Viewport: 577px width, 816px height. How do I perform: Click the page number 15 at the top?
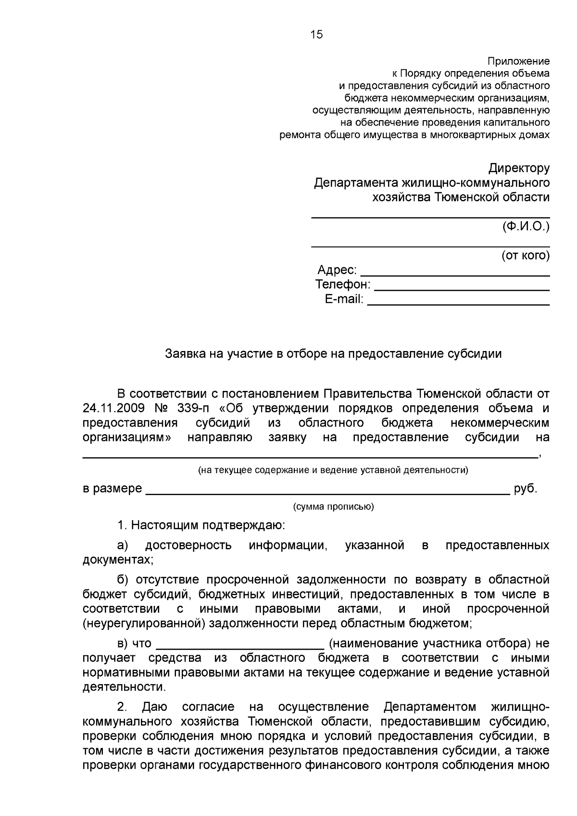(317, 35)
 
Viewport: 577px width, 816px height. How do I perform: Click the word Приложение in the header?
(518, 62)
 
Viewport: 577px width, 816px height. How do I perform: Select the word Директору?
(519, 168)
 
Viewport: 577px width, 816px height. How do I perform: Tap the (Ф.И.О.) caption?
(526, 226)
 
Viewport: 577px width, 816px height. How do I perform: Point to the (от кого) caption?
(526, 255)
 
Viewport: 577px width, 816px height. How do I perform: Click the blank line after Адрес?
(455, 273)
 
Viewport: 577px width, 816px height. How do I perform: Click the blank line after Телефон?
(462, 288)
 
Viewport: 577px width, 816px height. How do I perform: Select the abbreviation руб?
(525, 489)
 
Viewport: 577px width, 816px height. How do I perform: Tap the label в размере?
(113, 489)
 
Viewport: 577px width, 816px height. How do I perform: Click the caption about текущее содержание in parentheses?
(333, 470)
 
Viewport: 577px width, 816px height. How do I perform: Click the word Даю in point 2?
(155, 707)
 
